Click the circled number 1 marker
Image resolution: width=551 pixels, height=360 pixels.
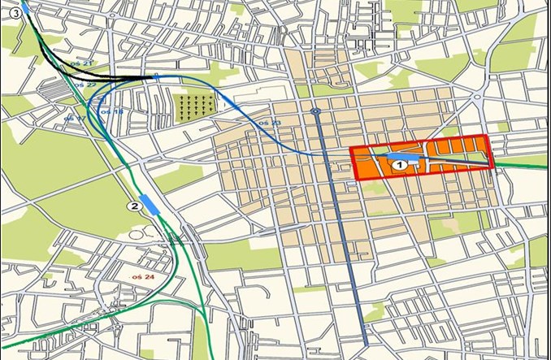(x=399, y=164)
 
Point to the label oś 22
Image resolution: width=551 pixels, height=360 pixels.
(x=85, y=85)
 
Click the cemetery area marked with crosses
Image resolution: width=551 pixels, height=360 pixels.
(x=195, y=105)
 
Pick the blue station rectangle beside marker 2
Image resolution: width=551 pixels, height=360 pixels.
(x=150, y=203)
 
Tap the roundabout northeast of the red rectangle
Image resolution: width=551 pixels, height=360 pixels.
(x=477, y=97)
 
